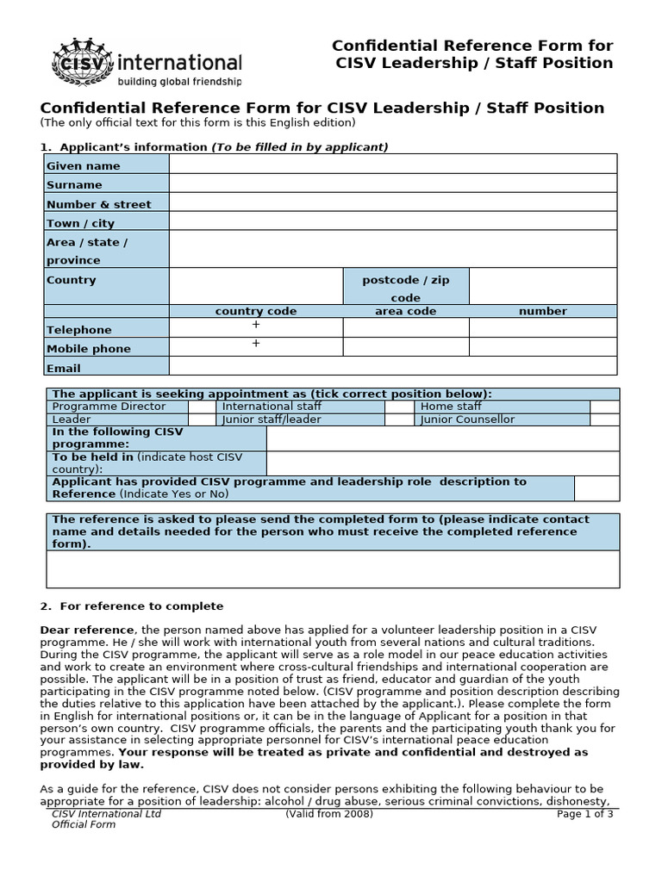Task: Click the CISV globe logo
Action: [83, 62]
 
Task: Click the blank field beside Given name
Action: [393, 164]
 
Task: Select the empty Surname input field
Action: [393, 183]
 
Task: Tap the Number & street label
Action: [98, 204]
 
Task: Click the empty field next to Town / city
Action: [393, 221]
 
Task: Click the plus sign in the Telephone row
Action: [255, 326]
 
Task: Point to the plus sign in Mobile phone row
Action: [255, 345]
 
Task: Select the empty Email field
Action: [393, 366]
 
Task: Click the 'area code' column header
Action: [405, 311]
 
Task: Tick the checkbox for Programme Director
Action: [202, 407]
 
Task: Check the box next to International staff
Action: [398, 407]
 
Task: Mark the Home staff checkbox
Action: [604, 407]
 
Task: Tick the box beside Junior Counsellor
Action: [604, 419]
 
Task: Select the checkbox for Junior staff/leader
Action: [398, 419]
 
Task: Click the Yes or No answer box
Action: [596, 488]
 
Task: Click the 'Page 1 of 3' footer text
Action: [584, 813]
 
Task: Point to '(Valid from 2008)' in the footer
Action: [329, 813]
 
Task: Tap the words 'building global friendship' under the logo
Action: [179, 82]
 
